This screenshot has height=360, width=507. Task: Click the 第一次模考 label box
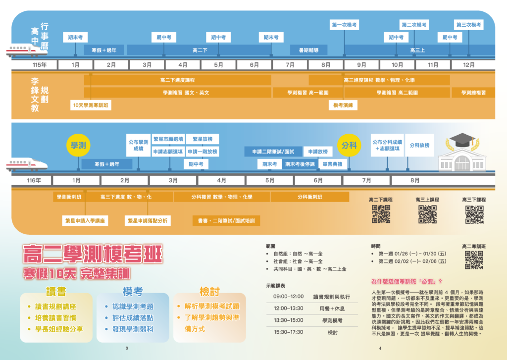pos(345,25)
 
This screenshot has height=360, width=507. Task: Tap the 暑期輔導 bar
pos(308,50)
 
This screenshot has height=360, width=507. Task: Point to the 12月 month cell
pos(469,65)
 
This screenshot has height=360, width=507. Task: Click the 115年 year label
pos(40,65)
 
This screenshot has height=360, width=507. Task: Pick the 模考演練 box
pos(343,105)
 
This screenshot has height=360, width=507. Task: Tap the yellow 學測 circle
pos(78,145)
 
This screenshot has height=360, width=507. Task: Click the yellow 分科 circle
pos(349,145)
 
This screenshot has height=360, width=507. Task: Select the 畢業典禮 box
pos(332,164)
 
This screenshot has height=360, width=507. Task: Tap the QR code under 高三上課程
pos(427,214)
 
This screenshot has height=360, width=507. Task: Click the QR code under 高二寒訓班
pos(474,260)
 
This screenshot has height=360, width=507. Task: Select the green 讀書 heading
pos(55,291)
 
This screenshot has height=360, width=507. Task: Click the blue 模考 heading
pos(133,291)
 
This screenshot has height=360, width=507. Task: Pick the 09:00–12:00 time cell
pos(288,297)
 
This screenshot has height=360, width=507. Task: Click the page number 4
pos(380,349)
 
